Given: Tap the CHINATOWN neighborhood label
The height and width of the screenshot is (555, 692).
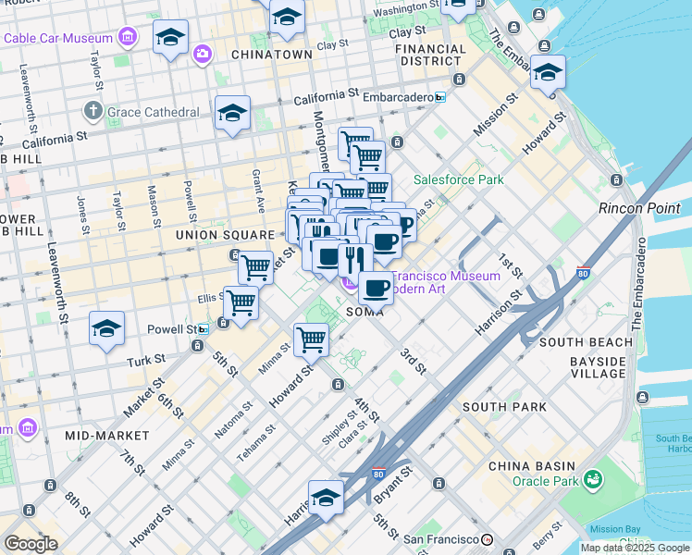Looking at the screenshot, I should coord(272,55).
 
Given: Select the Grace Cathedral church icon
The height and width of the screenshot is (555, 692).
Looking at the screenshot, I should coord(92,112).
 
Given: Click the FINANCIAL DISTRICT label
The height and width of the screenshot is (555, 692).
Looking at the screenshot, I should coord(433,55).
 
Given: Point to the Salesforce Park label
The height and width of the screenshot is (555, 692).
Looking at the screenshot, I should coord(458,179).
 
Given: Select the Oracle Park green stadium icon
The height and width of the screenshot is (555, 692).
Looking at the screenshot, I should coord(592,479).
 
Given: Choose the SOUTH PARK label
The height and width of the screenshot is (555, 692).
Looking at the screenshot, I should coord(504,407).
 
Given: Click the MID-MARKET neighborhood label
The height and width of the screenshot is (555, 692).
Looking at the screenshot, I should coord(107,435).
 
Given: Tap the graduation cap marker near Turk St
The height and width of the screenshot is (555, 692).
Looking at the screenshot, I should coord(106,329).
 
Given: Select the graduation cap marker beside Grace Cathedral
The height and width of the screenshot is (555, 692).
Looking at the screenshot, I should coord(232,114).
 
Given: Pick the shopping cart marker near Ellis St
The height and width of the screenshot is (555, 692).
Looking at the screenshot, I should coord(241,302).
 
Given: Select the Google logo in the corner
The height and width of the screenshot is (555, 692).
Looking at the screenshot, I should coord(31,544).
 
